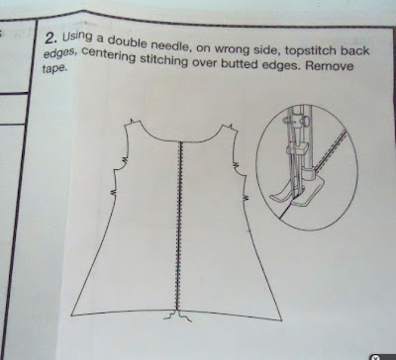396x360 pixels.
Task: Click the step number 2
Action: point(50,38)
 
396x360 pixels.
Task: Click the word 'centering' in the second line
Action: point(109,55)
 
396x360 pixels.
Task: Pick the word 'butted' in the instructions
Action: point(240,63)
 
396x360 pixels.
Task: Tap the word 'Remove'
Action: point(329,65)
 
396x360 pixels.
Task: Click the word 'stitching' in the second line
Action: point(163,60)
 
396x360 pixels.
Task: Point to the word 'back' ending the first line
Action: point(355,50)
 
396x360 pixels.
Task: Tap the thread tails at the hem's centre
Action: point(177,316)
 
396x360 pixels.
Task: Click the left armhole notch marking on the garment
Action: point(125,160)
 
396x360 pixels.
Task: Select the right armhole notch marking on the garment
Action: point(237,164)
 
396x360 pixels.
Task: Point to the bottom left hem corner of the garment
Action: point(71,315)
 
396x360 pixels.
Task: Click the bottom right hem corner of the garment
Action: point(281,320)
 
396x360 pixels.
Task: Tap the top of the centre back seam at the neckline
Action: point(180,142)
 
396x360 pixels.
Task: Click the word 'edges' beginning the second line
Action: point(60,53)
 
